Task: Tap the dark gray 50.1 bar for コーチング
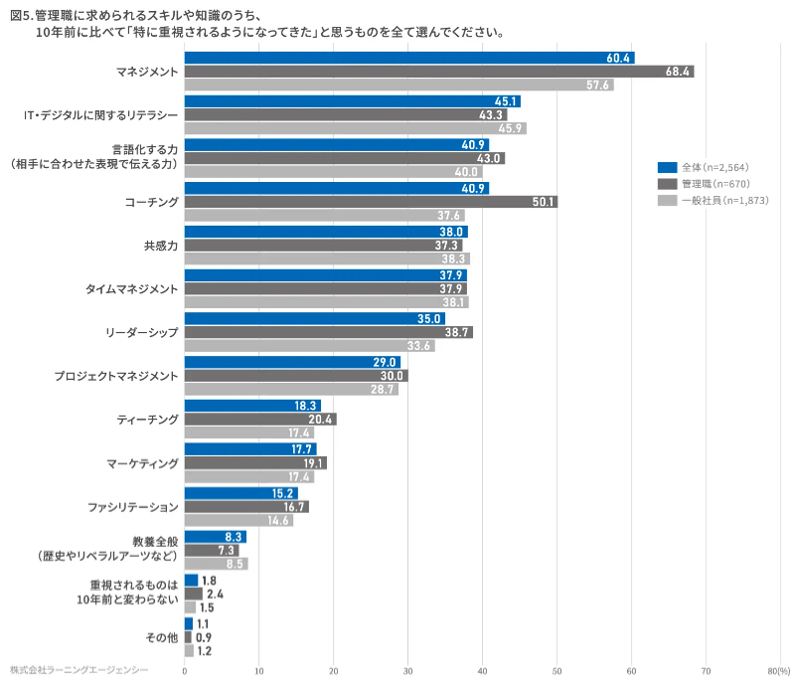[x=370, y=202]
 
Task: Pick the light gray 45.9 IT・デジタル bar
[x=354, y=128]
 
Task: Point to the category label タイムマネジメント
[x=131, y=289]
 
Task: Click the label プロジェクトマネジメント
[x=116, y=376]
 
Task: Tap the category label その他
[x=162, y=637]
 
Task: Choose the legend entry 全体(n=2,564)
[x=711, y=167]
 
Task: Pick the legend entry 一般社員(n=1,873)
[x=716, y=201]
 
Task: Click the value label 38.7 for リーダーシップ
[x=458, y=332]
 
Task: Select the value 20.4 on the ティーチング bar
[x=322, y=420]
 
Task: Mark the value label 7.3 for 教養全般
[x=227, y=550]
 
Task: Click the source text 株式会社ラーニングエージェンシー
[x=80, y=671]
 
